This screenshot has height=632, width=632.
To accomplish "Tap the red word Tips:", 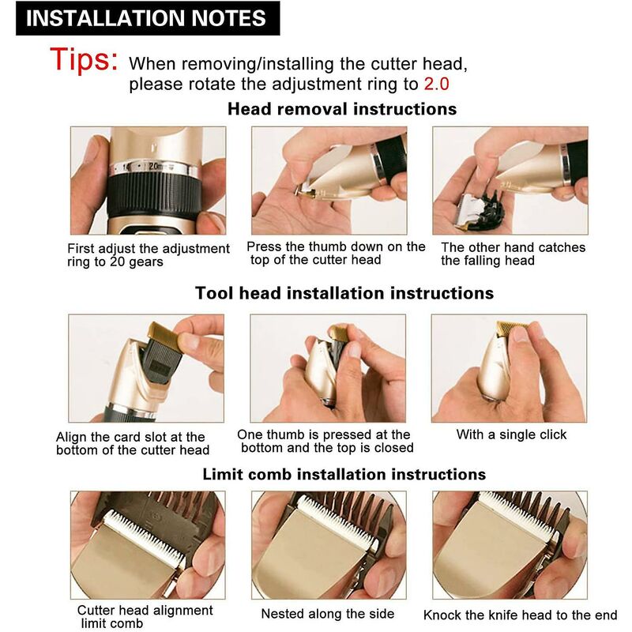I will [85, 59].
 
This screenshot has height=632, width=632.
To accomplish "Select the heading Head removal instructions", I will [342, 109].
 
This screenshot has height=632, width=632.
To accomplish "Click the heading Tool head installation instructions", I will [344, 293].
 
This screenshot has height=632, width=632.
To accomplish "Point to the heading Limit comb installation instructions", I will [344, 475].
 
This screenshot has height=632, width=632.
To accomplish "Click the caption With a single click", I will [511, 434].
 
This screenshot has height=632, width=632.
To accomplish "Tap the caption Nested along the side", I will [327, 614].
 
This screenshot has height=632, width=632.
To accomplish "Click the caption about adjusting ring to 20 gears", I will [148, 254].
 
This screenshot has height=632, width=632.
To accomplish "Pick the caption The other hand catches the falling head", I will [513, 254].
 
